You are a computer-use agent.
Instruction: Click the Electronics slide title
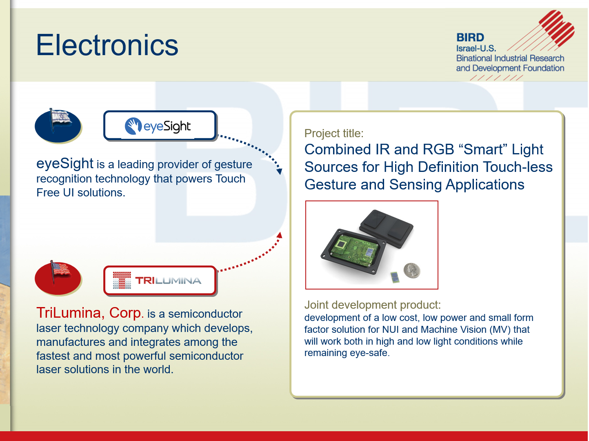coord(107,45)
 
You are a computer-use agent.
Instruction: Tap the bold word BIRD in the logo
coord(470,38)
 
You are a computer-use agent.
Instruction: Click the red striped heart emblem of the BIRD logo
coord(557,28)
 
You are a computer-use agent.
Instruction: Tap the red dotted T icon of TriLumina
coord(122,280)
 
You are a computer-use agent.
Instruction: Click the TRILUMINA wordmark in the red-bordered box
coord(168,281)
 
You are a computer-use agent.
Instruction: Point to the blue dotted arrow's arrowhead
coord(279,171)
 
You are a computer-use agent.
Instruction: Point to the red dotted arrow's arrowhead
coord(280,235)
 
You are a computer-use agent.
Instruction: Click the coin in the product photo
coord(412,270)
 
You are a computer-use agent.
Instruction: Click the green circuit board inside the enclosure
coord(354,249)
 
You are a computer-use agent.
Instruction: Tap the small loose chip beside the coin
coord(395,277)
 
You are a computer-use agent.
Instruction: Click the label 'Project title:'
coord(334,134)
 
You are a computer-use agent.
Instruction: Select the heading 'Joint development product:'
coord(372,305)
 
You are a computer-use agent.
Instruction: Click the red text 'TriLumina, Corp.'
coord(90,313)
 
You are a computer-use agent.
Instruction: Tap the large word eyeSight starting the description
coord(64,163)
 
